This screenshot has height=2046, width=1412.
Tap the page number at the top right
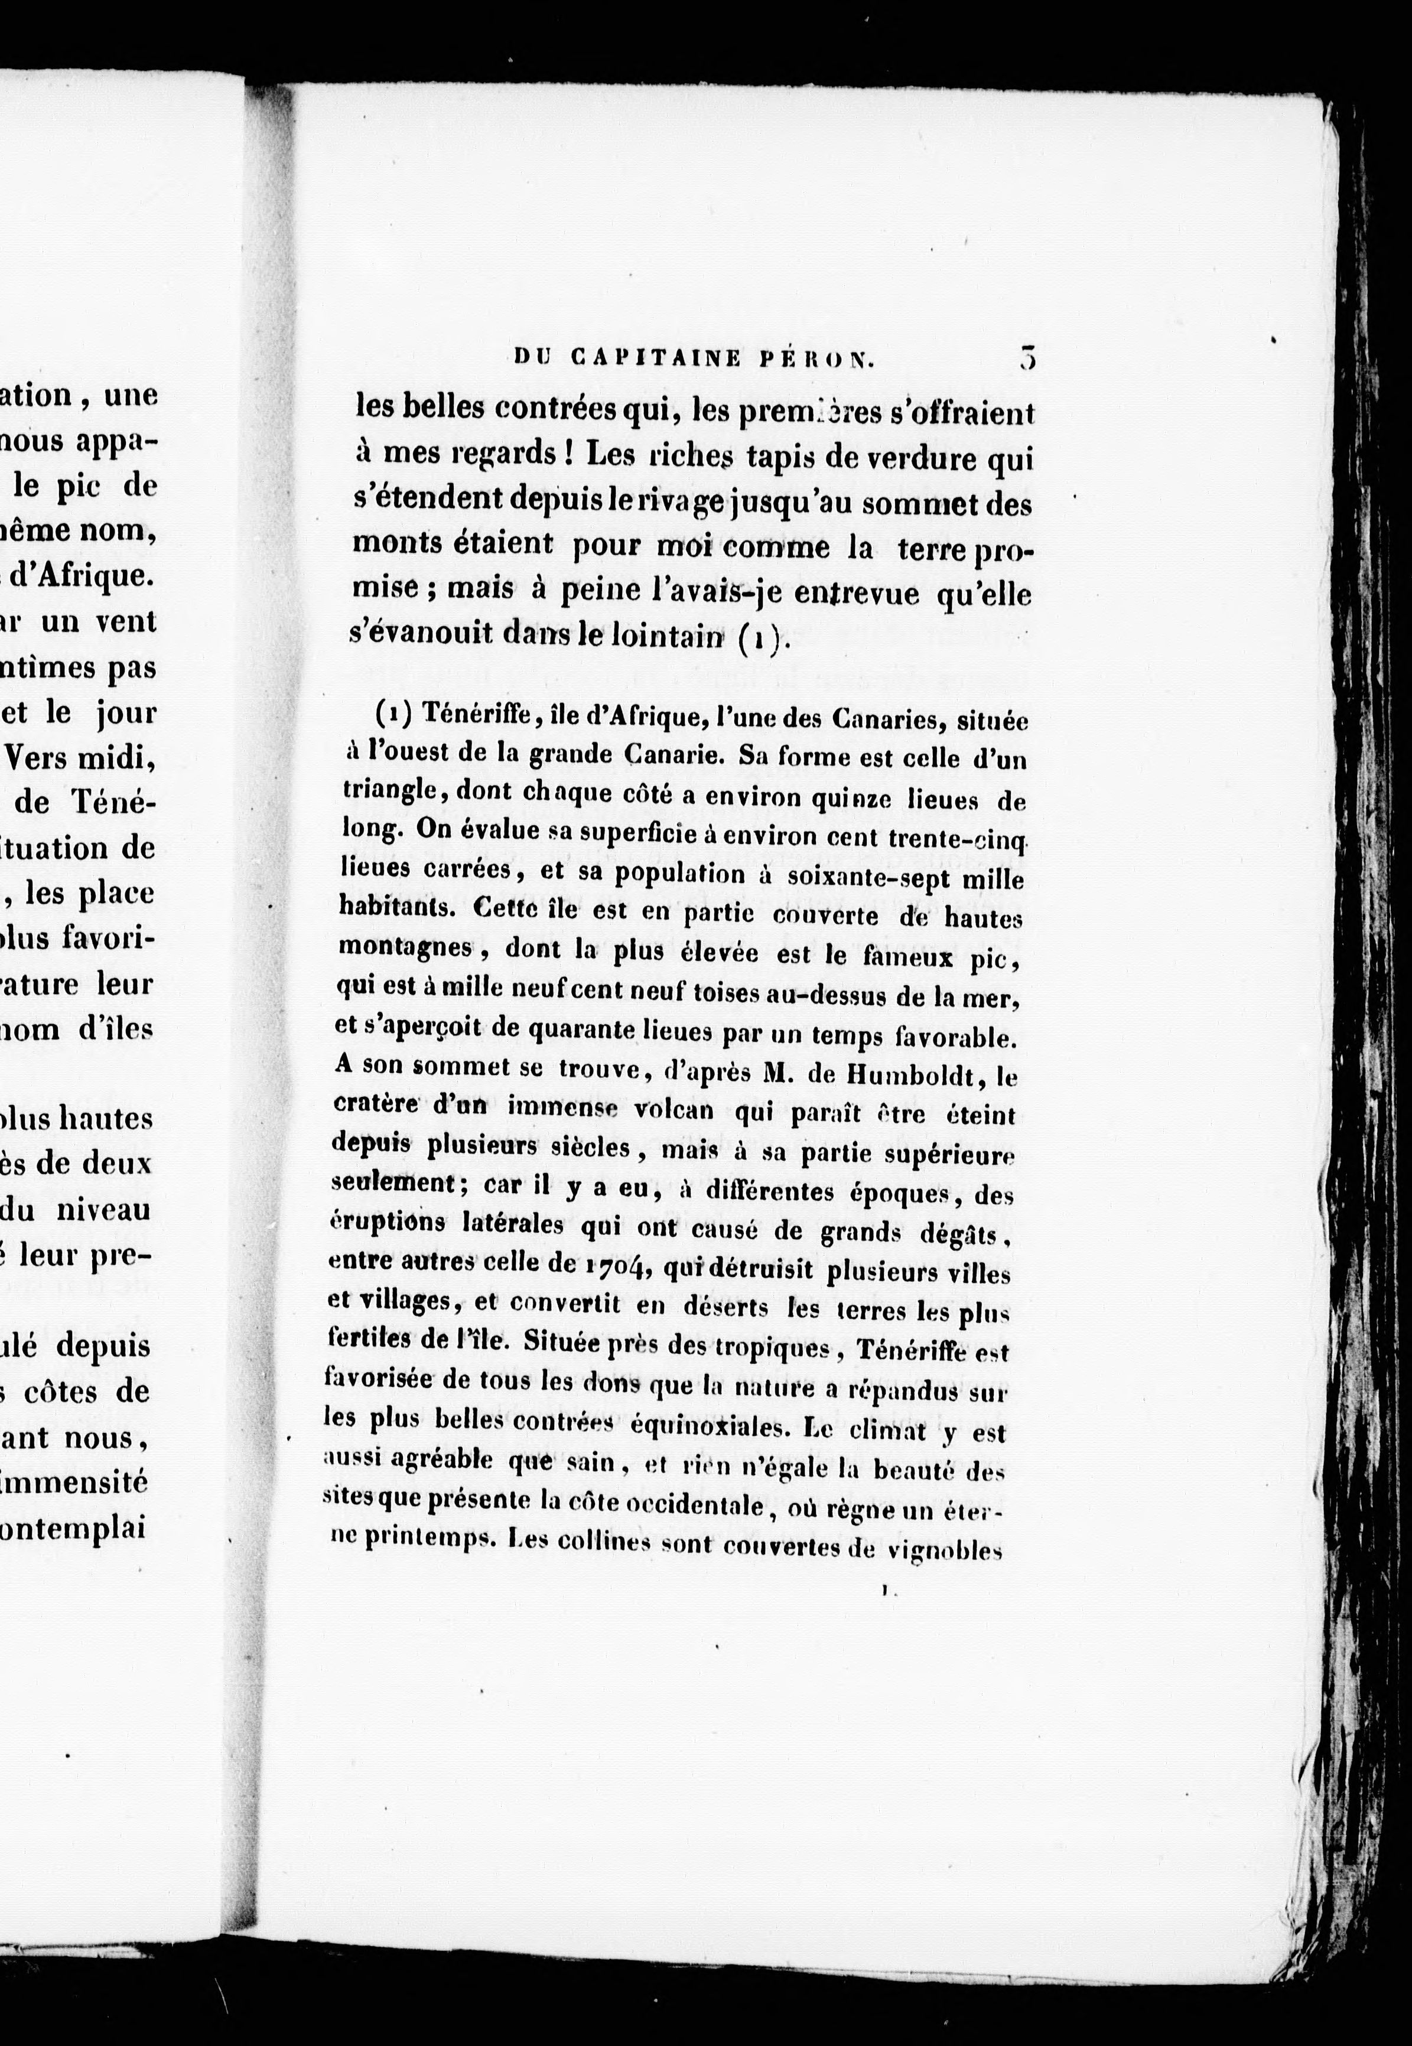[x=1026, y=357]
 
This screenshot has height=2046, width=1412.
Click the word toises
[x=749, y=994]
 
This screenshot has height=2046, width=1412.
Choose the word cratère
[x=370, y=1105]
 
